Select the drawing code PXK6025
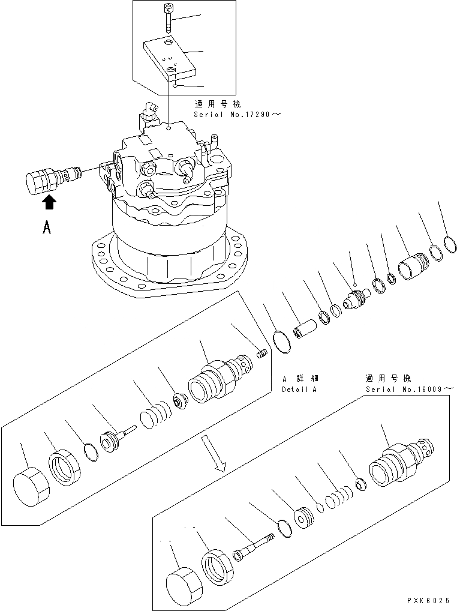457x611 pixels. (428, 600)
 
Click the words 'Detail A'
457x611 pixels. (300, 389)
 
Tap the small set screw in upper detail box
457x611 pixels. (261, 354)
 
